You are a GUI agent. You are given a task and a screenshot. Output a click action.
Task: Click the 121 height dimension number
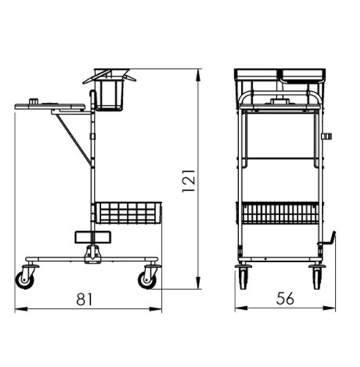tap(188, 181)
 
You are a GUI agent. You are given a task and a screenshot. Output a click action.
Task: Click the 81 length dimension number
tap(84, 299)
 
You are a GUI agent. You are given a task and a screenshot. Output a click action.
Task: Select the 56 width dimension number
tap(285, 299)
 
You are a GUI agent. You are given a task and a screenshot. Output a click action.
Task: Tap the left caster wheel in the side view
tap(25, 280)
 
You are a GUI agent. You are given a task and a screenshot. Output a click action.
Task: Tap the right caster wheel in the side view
tap(147, 280)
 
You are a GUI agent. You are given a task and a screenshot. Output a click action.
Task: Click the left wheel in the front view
tap(243, 279)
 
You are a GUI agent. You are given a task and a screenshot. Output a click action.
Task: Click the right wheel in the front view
tap(317, 279)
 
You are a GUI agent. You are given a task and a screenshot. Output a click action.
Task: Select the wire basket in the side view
tap(128, 212)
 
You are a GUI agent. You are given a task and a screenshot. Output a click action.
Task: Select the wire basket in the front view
tap(280, 212)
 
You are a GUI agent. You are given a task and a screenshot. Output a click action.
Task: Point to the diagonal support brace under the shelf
tap(73, 139)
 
